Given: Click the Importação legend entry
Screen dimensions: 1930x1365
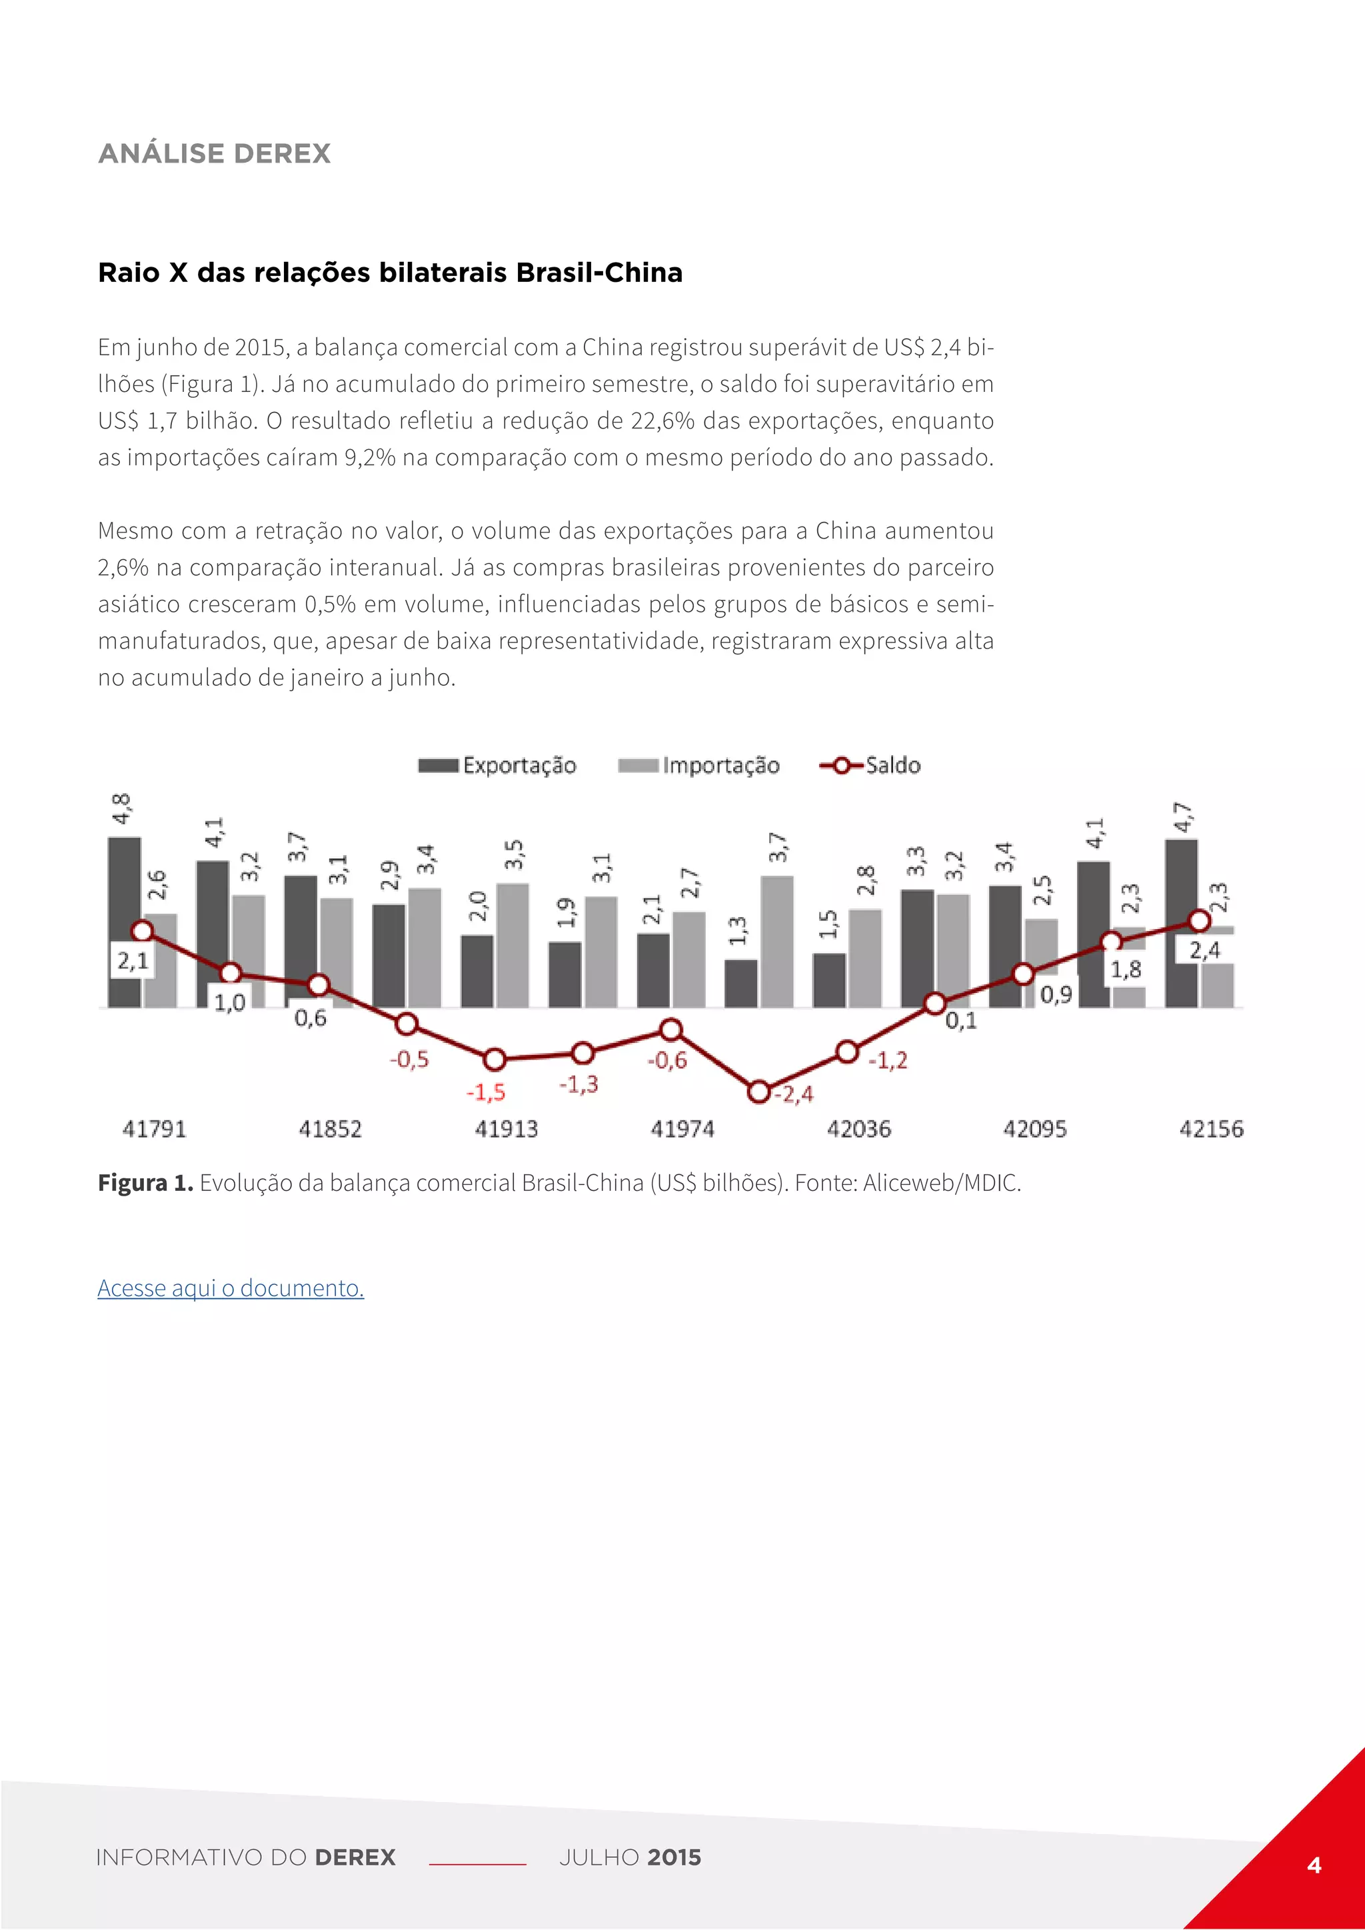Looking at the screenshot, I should click(x=698, y=765).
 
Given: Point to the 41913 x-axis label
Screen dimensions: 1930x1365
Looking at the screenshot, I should click(x=506, y=1129).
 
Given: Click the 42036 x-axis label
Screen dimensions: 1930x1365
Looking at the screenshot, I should click(x=858, y=1129).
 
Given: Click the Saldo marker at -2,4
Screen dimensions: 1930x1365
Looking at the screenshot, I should click(x=758, y=1092).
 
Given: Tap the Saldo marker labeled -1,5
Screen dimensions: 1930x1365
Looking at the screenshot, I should click(x=495, y=1059).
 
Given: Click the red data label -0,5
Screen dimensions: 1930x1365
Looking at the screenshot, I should click(x=409, y=1059).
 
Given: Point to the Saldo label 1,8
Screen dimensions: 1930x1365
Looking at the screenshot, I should click(x=1126, y=970).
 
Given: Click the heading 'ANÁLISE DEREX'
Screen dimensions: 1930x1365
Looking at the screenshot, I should click(x=215, y=154).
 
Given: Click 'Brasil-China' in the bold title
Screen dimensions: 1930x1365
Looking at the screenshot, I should click(x=599, y=273).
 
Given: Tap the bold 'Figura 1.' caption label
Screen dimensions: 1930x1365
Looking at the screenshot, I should click(x=145, y=1184).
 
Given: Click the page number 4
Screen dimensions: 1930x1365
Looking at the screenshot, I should click(x=1314, y=1865).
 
